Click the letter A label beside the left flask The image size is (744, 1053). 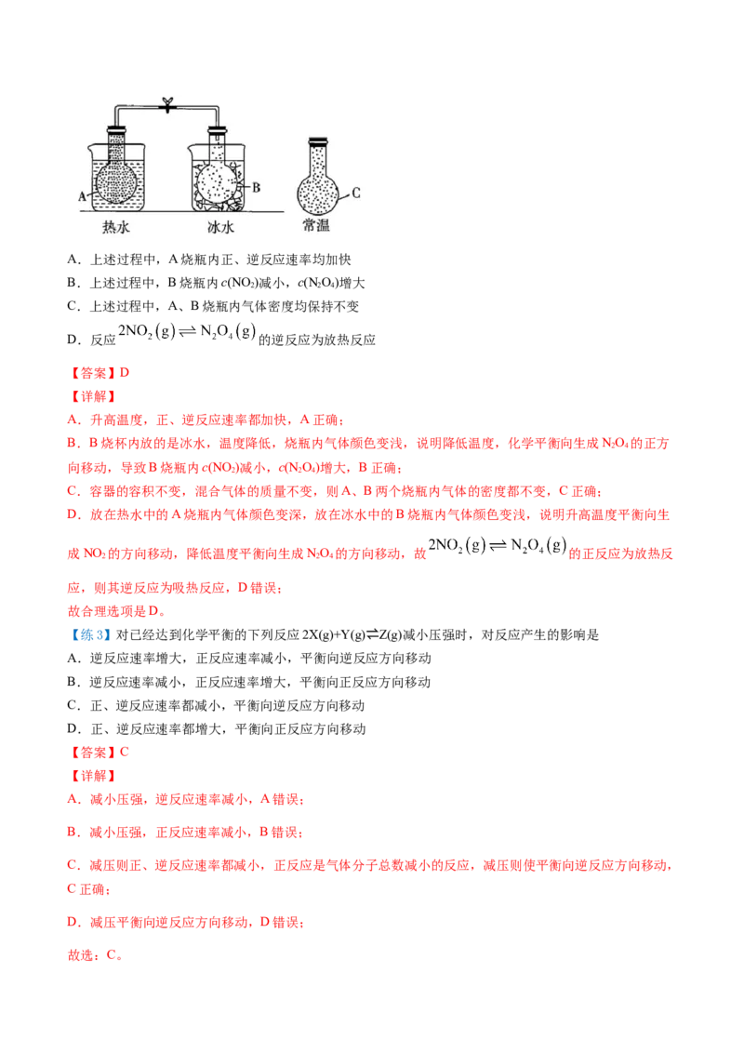(x=84, y=196)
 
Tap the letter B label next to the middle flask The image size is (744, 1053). (x=257, y=187)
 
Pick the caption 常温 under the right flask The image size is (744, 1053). (x=317, y=226)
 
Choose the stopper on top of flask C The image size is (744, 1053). (x=318, y=141)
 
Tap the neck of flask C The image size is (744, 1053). (x=318, y=158)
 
